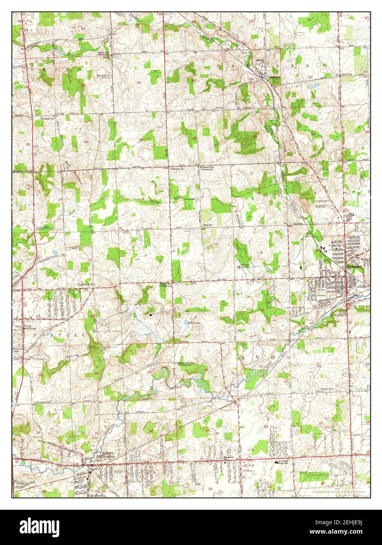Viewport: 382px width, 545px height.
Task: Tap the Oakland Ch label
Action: pos(177,169)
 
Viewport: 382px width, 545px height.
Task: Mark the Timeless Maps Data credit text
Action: pos(340,492)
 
